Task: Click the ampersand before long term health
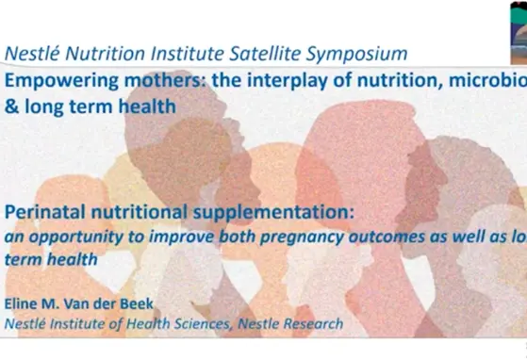(x=11, y=107)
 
